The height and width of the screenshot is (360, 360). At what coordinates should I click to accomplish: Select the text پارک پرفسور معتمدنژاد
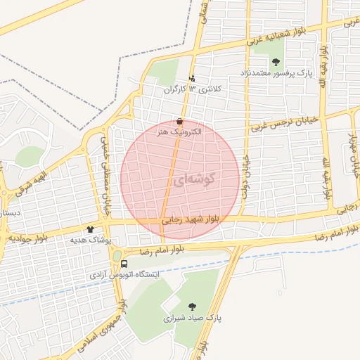(x=274, y=73)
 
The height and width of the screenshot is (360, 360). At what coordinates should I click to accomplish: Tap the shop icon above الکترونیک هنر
(x=181, y=121)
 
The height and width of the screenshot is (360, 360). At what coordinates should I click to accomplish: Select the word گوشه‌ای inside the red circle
(x=191, y=180)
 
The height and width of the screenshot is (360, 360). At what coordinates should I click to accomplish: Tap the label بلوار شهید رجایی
(x=195, y=219)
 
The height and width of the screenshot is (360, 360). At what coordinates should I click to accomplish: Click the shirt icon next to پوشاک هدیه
(x=89, y=229)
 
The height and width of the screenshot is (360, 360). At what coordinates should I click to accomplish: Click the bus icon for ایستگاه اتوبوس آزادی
(x=124, y=264)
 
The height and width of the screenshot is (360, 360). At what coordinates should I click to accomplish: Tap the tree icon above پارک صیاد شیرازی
(x=192, y=306)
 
